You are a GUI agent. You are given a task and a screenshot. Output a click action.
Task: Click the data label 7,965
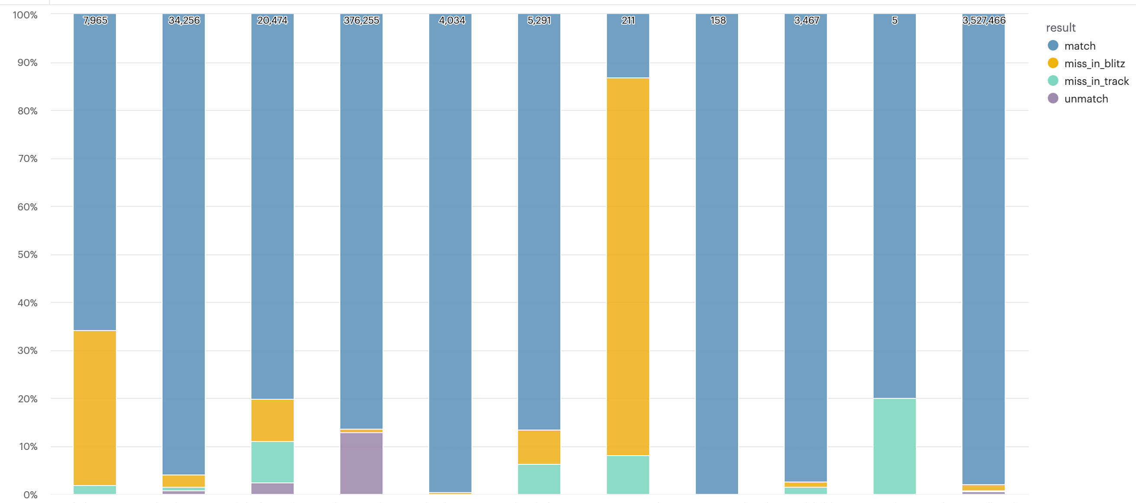pyautogui.click(x=95, y=20)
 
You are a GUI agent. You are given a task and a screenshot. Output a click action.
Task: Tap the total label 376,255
pyautogui.click(x=361, y=20)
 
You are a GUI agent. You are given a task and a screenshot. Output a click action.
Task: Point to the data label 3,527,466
pyautogui.click(x=983, y=20)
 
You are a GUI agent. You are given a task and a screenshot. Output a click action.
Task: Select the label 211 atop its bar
pyautogui.click(x=628, y=20)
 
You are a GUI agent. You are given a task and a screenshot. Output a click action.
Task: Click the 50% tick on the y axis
pyautogui.click(x=27, y=255)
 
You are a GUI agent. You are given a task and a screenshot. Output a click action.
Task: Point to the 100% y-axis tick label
pyautogui.click(x=25, y=15)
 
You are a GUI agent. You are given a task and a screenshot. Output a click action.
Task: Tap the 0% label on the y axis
pyautogui.click(x=30, y=495)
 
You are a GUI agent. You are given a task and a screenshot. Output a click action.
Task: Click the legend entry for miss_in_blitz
pyautogui.click(x=1094, y=64)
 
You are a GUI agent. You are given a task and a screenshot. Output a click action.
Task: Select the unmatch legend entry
pyautogui.click(x=1086, y=99)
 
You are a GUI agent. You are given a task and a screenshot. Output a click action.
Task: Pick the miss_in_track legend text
pyautogui.click(x=1096, y=81)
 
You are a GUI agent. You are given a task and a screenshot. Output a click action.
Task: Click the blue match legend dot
pyautogui.click(x=1053, y=45)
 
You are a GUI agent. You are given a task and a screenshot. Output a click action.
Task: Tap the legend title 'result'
pyautogui.click(x=1061, y=28)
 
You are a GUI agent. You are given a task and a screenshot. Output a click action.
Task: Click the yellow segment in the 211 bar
pyautogui.click(x=628, y=267)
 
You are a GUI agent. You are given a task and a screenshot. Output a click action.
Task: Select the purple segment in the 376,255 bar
pyautogui.click(x=361, y=463)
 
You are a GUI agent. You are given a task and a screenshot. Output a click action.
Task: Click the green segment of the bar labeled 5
pyautogui.click(x=894, y=445)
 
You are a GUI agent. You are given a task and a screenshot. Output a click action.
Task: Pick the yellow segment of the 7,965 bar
pyautogui.click(x=95, y=408)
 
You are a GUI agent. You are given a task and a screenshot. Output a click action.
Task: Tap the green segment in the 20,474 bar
pyautogui.click(x=273, y=461)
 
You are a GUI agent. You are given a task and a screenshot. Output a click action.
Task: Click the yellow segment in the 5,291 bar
pyautogui.click(x=539, y=447)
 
